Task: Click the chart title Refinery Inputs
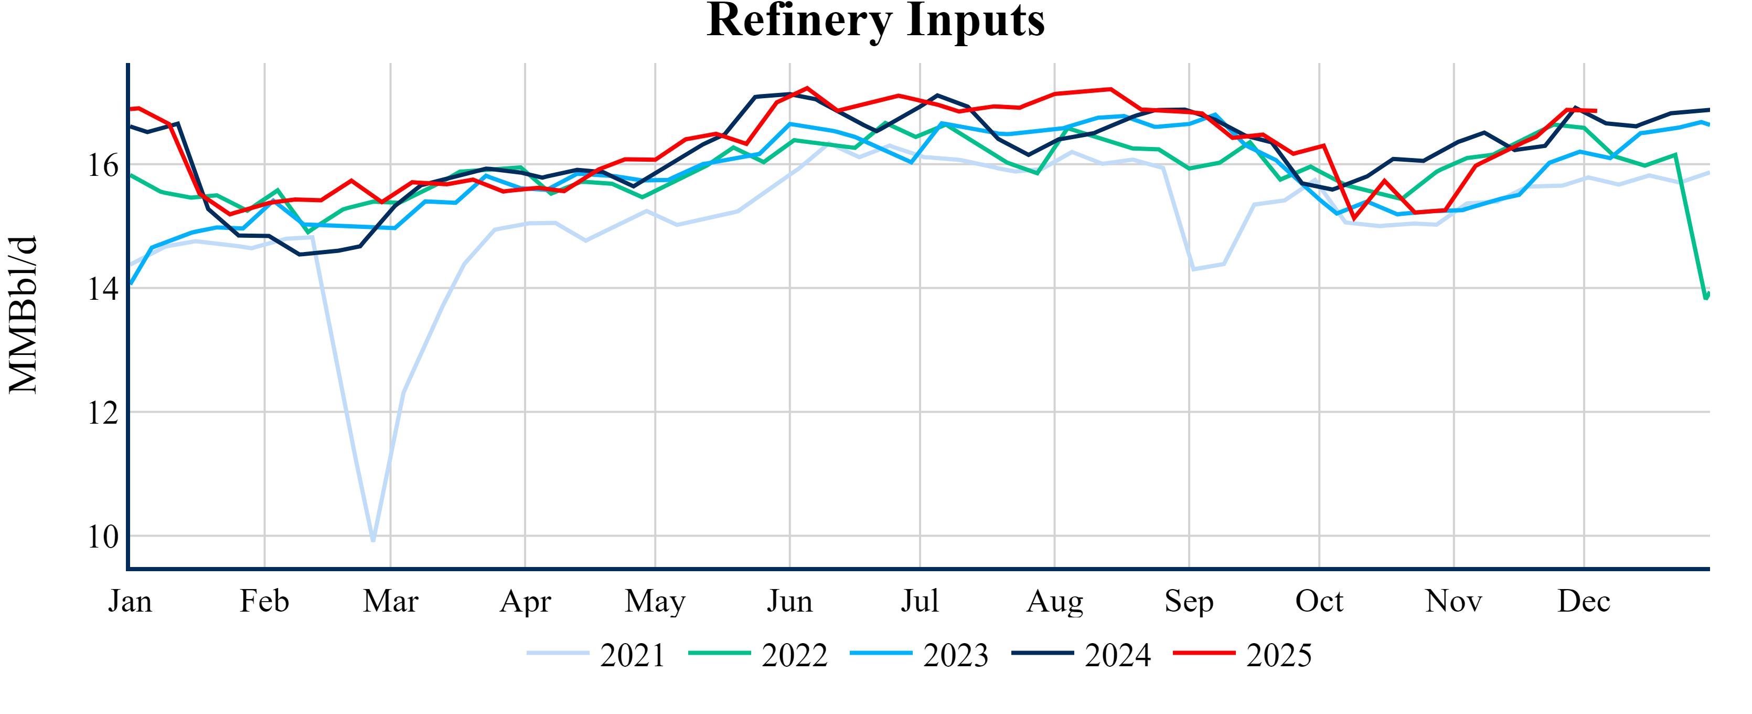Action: (875, 20)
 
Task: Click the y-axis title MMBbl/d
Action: (23, 314)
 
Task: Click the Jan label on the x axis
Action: (130, 602)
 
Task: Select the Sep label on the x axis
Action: (1189, 602)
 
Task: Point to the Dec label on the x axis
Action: (1584, 602)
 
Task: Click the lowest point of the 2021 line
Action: (373, 540)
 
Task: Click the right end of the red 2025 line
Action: (1596, 111)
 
